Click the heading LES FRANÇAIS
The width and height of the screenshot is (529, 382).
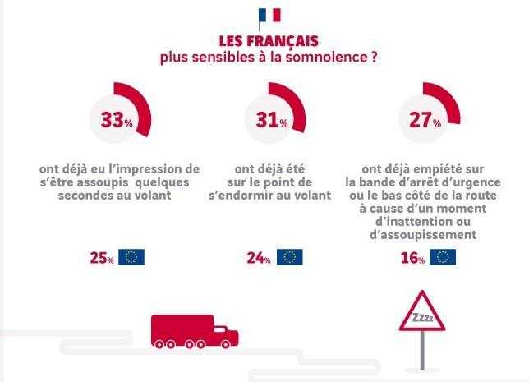tap(269, 41)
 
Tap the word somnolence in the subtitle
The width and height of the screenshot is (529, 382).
tap(326, 57)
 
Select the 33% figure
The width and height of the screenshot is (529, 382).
tap(117, 119)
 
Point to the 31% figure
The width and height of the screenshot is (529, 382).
tap(272, 119)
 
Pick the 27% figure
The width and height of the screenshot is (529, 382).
tap(425, 119)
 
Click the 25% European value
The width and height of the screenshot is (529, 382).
tap(102, 258)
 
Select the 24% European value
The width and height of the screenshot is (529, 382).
tap(259, 258)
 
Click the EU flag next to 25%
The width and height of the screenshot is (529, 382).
tap(131, 257)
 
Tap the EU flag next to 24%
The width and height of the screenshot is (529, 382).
tap(289, 257)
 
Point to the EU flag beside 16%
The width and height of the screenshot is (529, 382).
tap(443, 257)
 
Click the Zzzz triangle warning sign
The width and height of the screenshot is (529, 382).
tap(422, 311)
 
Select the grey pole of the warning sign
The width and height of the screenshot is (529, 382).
tap(422, 350)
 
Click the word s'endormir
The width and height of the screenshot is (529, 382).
tap(241, 195)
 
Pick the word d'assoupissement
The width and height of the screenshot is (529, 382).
tap(423, 234)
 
